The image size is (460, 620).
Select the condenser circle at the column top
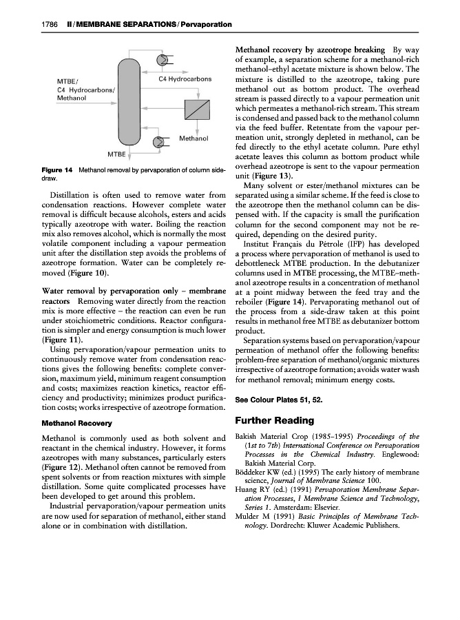tap(162, 60)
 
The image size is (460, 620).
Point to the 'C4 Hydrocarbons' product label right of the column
tap(185, 79)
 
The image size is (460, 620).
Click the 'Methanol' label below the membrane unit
tap(194, 138)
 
